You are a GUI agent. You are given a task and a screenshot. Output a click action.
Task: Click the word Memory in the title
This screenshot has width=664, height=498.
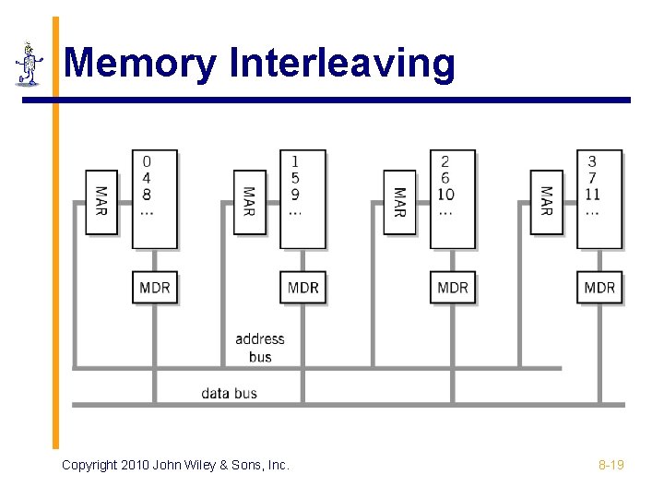(140, 65)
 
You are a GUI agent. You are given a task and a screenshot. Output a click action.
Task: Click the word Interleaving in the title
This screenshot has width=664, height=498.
(342, 65)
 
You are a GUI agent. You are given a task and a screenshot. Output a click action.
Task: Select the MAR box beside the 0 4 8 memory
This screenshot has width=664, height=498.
(101, 202)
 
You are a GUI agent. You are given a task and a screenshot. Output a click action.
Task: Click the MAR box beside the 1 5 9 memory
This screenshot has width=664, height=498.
(249, 202)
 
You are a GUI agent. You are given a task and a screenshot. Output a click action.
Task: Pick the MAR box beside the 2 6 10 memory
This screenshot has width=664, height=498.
(399, 202)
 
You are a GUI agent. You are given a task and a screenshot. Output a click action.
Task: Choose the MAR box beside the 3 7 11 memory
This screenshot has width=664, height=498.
(547, 202)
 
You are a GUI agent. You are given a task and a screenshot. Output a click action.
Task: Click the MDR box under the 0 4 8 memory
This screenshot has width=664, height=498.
(154, 288)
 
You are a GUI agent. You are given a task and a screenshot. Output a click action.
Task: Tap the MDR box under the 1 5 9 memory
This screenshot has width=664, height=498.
(302, 288)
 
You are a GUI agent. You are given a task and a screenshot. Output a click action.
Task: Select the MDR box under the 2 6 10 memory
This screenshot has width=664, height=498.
(453, 288)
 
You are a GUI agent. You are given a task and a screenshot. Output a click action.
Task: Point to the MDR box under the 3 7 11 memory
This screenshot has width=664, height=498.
(599, 288)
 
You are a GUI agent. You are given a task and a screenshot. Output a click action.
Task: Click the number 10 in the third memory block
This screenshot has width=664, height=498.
(445, 194)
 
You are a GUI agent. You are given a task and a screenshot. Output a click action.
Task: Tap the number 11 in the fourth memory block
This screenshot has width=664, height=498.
(592, 194)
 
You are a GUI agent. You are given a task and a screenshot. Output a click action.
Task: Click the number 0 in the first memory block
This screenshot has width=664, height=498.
(148, 162)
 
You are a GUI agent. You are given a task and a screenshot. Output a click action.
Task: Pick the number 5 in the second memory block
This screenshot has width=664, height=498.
(295, 178)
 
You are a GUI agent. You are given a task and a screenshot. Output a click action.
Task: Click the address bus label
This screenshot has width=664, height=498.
(260, 348)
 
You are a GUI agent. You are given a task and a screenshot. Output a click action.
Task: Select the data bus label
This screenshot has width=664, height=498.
(230, 394)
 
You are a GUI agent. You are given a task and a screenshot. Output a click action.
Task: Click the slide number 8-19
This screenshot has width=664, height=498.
(611, 465)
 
